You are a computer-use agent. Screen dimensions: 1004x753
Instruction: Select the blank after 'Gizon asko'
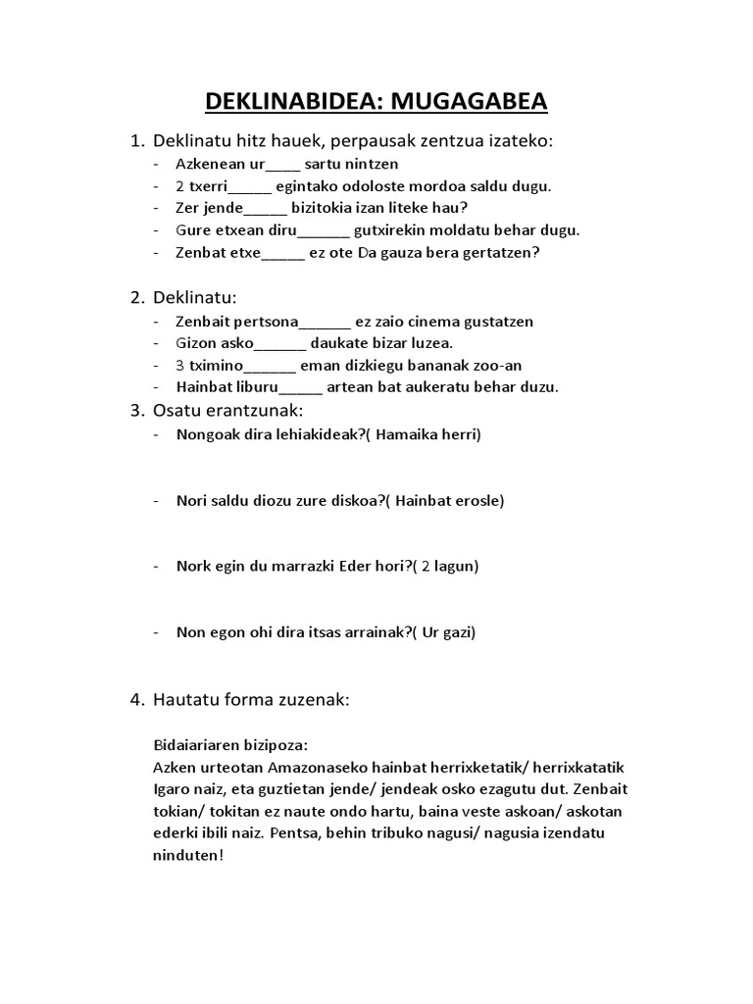click(x=280, y=343)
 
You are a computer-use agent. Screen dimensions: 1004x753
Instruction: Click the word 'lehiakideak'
click(x=309, y=434)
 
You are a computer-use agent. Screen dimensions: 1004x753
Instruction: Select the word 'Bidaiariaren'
click(x=197, y=744)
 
